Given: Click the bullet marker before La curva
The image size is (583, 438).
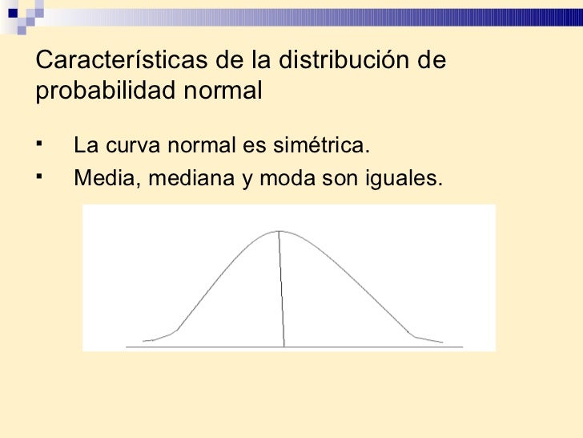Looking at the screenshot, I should [x=39, y=145].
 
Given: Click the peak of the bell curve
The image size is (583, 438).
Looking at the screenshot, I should [x=279, y=231].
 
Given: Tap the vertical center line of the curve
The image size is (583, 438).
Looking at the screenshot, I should [x=281, y=289].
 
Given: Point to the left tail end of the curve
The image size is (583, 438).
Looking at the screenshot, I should [x=144, y=341].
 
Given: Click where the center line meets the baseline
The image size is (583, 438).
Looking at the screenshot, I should [x=283, y=347].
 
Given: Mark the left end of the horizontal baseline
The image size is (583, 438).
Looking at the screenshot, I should [x=127, y=347].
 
